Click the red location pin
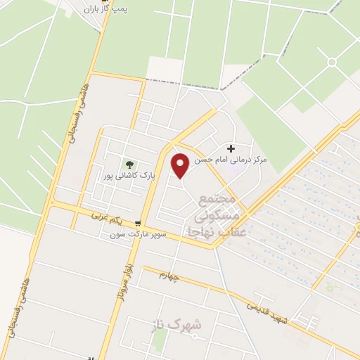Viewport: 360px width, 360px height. [181, 166]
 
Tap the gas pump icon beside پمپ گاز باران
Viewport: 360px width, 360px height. [79, 10]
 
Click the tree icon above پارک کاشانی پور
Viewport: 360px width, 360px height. [127, 165]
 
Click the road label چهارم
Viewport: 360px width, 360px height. [170, 276]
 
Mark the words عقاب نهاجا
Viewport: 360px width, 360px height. [217, 231]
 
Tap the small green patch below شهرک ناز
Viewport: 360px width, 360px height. [160, 341]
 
